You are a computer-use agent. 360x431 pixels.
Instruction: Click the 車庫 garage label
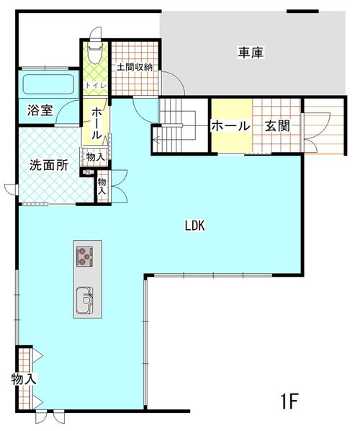[x=251, y=53]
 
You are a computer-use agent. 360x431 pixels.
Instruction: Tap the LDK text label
[x=194, y=226]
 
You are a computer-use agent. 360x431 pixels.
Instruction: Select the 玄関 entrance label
[x=277, y=126]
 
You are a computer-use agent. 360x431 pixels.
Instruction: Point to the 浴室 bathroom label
[x=40, y=110]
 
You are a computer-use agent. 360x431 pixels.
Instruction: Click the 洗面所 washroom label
[x=49, y=165]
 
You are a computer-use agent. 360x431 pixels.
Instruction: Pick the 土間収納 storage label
[x=135, y=67]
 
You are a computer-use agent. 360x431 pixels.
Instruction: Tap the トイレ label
[x=96, y=85]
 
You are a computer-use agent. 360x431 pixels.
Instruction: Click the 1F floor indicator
[x=289, y=401]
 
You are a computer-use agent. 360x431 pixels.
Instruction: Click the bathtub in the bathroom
[x=49, y=84]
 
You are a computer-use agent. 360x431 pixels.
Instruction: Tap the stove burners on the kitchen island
[x=84, y=257]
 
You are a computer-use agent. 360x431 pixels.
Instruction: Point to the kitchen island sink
[x=84, y=300]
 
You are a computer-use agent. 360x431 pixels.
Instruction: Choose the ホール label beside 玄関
[x=230, y=126]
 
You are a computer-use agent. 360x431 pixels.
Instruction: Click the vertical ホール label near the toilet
[x=96, y=124]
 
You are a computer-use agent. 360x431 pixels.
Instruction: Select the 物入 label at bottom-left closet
[x=24, y=380]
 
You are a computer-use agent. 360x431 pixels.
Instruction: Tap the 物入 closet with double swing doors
[x=102, y=186]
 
